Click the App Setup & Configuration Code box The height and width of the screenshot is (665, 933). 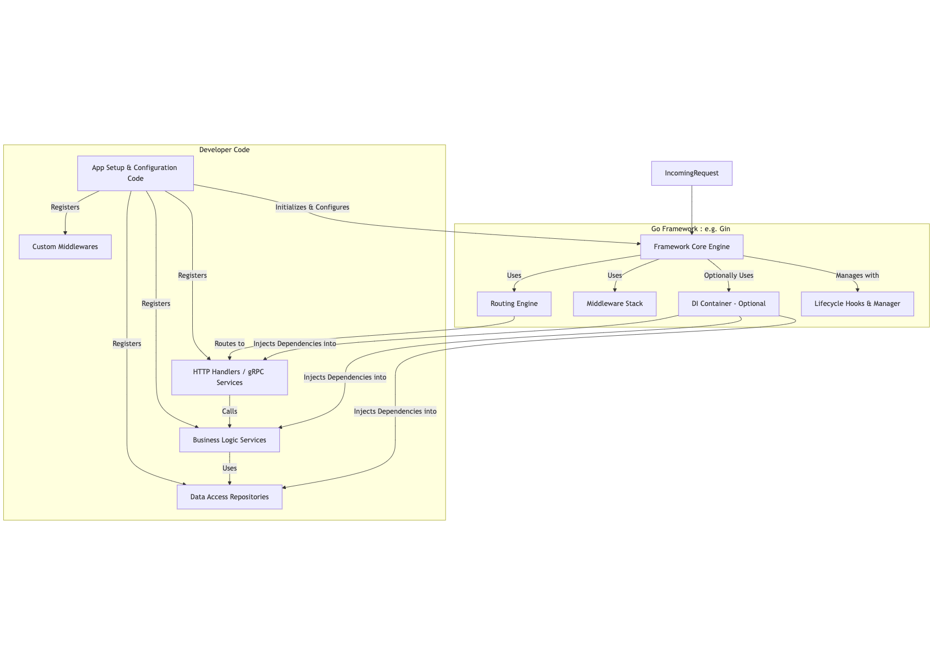(x=135, y=173)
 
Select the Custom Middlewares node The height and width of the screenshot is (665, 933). (x=65, y=247)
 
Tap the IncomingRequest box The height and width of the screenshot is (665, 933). (x=691, y=173)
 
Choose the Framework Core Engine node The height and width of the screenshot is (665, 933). (x=691, y=247)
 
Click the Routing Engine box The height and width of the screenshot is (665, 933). (x=514, y=304)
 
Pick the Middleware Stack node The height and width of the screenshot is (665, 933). (x=615, y=304)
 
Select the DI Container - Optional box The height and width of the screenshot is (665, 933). (x=728, y=304)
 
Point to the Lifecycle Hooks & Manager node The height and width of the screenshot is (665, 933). (x=857, y=304)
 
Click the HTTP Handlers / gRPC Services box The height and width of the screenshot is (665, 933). (x=230, y=377)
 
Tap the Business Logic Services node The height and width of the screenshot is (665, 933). (x=230, y=440)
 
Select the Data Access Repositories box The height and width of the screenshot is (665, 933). (x=230, y=497)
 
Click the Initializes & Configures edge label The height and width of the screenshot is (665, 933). (x=312, y=207)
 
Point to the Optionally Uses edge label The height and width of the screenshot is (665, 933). (x=728, y=276)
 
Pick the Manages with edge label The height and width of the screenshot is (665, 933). (x=857, y=276)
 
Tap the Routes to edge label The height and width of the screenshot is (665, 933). (x=230, y=344)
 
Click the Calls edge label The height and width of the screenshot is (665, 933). (x=230, y=412)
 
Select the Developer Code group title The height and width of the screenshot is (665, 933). (x=224, y=150)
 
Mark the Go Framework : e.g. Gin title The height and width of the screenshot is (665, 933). (x=690, y=229)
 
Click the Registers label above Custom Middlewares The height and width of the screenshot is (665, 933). (x=65, y=207)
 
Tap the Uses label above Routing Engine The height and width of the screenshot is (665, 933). (x=514, y=276)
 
